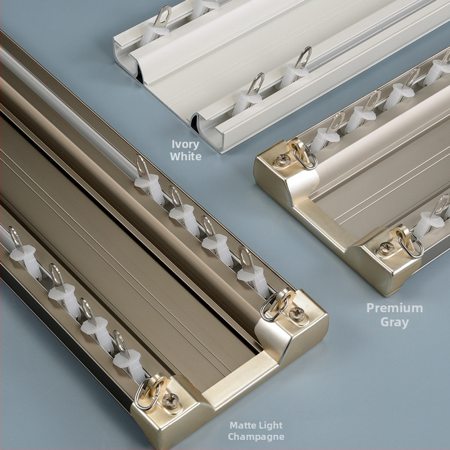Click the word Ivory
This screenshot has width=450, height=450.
[x=186, y=145]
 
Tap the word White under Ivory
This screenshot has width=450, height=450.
[x=186, y=156]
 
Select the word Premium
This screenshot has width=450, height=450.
[x=395, y=308]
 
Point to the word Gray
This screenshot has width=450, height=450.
[x=395, y=322]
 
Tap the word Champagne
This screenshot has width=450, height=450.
[x=256, y=437]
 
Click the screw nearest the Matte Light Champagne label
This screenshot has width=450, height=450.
[x=170, y=400]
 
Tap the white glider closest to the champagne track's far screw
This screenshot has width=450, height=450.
[x=252, y=276]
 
